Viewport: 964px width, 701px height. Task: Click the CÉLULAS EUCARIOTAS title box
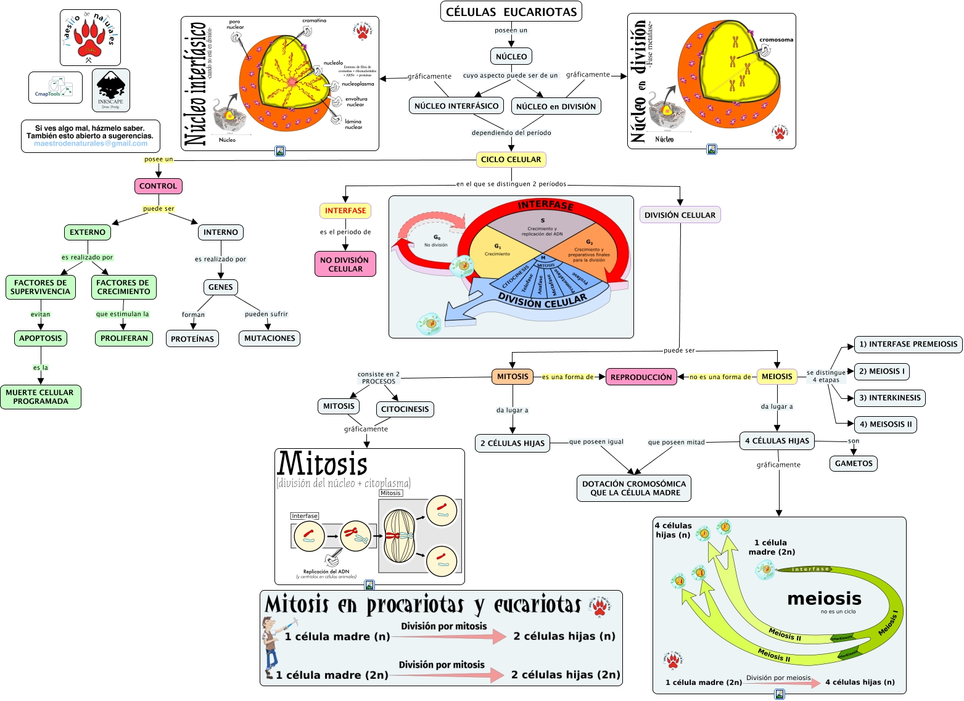(x=511, y=12)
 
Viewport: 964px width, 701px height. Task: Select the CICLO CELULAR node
(x=511, y=160)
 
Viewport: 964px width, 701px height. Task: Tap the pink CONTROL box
(x=158, y=186)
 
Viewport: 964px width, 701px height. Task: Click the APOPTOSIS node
(x=41, y=338)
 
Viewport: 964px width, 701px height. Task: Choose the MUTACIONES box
(x=270, y=338)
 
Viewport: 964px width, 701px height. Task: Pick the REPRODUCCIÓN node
(x=641, y=377)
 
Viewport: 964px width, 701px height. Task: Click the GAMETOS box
(x=854, y=464)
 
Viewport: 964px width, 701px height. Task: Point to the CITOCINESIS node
(x=405, y=409)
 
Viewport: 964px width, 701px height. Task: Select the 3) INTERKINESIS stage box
(x=889, y=398)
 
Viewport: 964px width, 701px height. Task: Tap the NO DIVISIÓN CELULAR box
(x=345, y=264)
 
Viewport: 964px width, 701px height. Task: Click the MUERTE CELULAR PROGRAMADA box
(x=40, y=397)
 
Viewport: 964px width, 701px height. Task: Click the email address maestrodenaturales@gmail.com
(x=91, y=144)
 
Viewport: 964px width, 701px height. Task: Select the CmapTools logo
(x=55, y=88)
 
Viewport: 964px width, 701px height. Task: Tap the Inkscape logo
(x=111, y=90)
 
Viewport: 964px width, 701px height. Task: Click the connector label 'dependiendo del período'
(x=511, y=133)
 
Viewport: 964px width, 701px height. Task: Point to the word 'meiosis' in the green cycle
(x=824, y=599)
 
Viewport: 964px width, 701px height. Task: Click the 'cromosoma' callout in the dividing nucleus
(x=776, y=40)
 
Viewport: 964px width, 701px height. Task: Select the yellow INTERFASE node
(x=345, y=211)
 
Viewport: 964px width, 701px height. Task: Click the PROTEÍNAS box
(x=192, y=339)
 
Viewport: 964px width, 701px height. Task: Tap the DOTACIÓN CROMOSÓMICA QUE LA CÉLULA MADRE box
(x=634, y=488)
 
